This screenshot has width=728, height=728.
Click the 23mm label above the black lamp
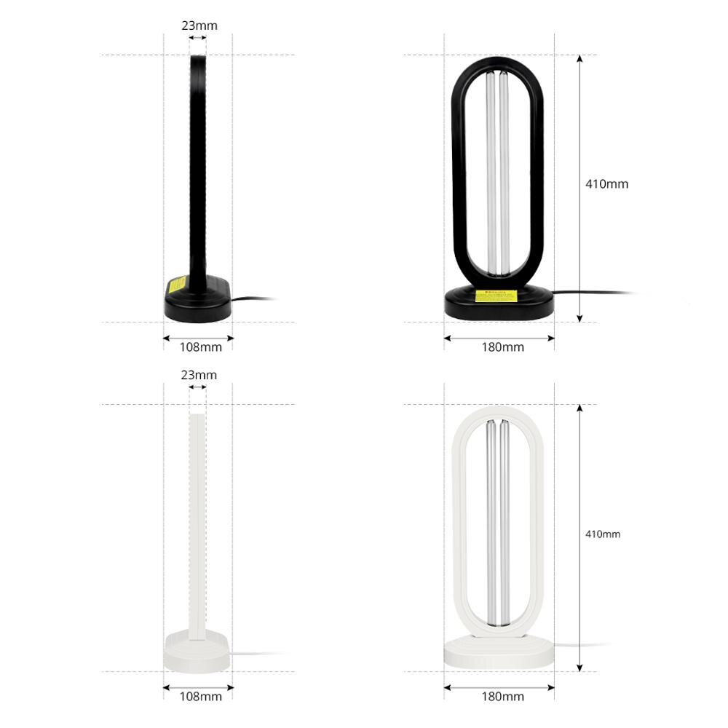[199, 25]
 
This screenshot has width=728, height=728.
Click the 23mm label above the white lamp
[199, 375]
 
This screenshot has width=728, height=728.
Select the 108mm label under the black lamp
[200, 347]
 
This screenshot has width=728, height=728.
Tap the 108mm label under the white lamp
[200, 697]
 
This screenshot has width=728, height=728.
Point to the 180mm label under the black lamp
[502, 347]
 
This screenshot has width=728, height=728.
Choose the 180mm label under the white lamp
[502, 697]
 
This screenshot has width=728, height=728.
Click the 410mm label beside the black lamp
[606, 184]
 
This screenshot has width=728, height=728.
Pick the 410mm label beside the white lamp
[603, 534]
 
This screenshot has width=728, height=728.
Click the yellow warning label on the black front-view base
[496, 296]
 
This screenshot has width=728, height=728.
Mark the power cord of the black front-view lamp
[590, 293]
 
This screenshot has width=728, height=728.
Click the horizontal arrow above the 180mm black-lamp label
[499, 338]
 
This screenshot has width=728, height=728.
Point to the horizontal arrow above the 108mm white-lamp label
[197, 687]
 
